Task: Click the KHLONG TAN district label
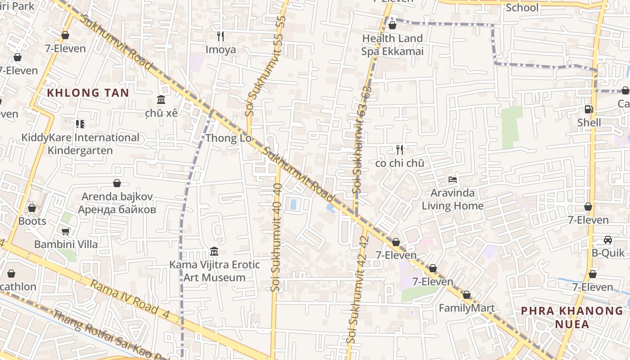[88, 93]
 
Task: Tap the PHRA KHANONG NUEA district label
[572, 317]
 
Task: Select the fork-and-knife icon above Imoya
[220, 36]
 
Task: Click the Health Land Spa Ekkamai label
[392, 45]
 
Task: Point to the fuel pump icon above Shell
[589, 109]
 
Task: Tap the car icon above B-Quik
[608, 240]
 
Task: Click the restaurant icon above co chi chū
[399, 150]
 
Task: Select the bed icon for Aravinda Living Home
[453, 180]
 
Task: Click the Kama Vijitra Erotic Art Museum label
[215, 271]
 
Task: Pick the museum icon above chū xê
[161, 99]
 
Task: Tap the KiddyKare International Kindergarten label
[80, 144]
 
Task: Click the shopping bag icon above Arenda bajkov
[117, 183]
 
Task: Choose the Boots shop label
[32, 221]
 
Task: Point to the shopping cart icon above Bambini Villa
[66, 231]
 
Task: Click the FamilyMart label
[467, 308]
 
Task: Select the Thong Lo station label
[229, 138]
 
